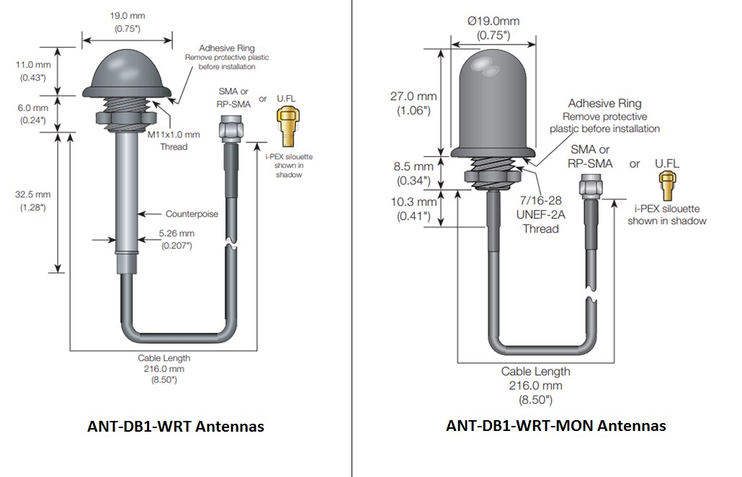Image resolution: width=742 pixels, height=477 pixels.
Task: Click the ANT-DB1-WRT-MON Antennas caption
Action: [x=555, y=425]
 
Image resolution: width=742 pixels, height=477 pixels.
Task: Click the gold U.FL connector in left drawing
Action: [x=286, y=121]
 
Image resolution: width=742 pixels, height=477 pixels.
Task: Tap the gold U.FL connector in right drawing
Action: [x=667, y=188]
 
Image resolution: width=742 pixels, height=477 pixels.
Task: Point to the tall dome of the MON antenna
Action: [x=493, y=101]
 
